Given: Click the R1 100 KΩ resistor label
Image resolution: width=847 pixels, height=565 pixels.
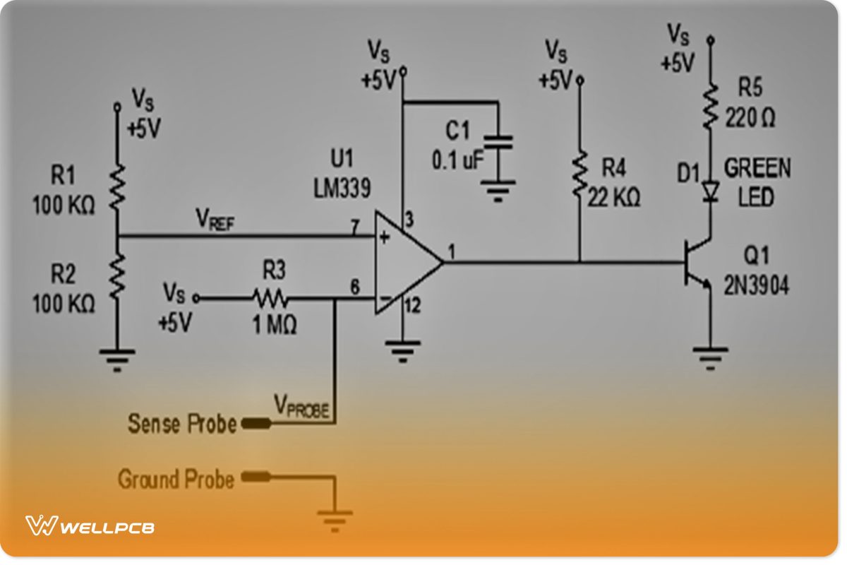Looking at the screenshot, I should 64,191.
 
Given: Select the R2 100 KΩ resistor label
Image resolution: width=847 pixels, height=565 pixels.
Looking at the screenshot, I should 64,290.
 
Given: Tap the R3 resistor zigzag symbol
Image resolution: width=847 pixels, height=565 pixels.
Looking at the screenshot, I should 270,298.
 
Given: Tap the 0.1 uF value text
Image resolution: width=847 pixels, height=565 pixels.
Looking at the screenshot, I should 457,160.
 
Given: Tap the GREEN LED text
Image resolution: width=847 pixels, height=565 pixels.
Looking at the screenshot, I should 757,182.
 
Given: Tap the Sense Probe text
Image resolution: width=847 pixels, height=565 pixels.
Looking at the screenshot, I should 181,424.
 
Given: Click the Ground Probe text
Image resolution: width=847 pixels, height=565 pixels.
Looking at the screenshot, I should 176,480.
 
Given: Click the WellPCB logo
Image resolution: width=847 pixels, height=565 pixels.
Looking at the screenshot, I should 90,526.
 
